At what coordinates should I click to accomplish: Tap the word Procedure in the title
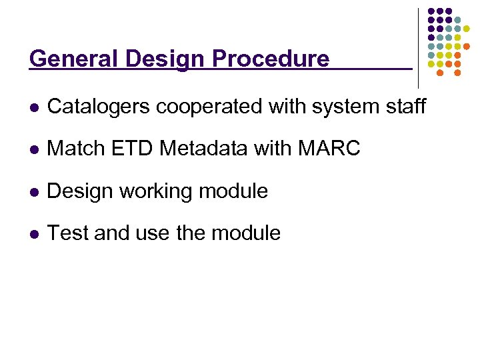pos(271,59)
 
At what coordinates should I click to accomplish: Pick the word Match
pos(77,149)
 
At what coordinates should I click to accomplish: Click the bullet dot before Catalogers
pos(33,107)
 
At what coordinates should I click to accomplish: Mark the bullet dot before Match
pos(33,149)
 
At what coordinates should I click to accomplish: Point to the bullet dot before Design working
pos(33,192)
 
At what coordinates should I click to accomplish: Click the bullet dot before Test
pos(33,234)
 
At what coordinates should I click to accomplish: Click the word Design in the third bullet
pos(79,191)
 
